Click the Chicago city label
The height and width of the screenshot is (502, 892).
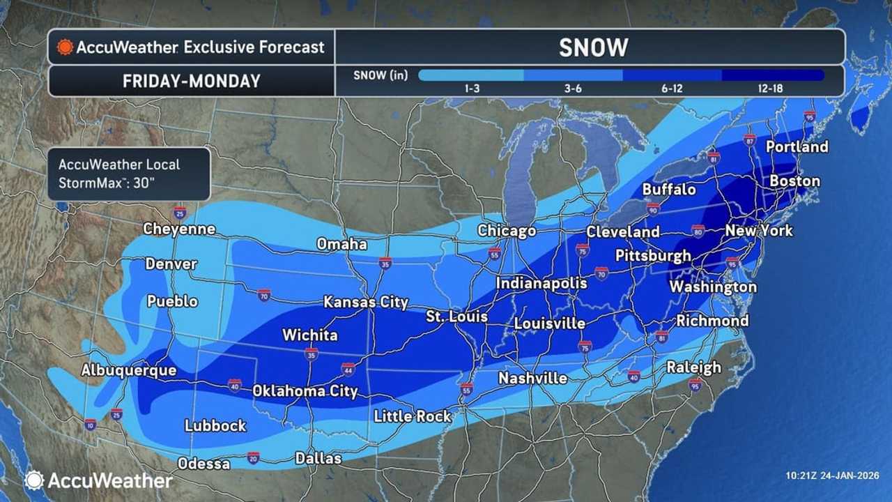tap(507, 231)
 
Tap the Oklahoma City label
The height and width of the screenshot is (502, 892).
tap(305, 391)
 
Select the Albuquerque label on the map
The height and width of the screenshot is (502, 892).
tap(128, 370)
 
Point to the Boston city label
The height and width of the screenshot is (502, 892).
tap(794, 181)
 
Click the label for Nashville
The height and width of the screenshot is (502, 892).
tap(532, 378)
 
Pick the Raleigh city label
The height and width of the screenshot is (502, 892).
tap(693, 367)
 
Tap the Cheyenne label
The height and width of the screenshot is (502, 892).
tap(179, 229)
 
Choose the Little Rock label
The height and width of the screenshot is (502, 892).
tap(413, 416)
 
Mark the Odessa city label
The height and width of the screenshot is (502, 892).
tap(203, 464)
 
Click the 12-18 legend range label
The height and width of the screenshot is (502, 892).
tap(773, 89)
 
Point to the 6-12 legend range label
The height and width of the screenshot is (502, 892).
tap(672, 89)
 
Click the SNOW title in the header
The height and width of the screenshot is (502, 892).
tap(593, 47)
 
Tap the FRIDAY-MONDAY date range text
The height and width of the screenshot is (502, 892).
tap(191, 81)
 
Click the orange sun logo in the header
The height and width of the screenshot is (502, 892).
tap(65, 47)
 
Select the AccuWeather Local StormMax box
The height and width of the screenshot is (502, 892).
tap(128, 174)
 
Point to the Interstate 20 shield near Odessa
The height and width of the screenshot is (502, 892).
tap(253, 457)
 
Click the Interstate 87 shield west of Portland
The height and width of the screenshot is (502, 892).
tap(750, 139)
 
